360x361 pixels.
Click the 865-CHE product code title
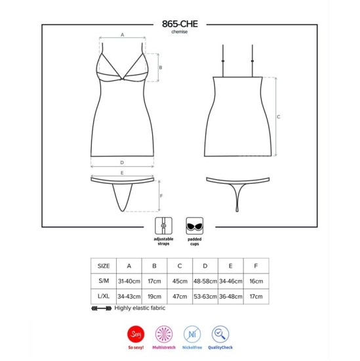[180, 24]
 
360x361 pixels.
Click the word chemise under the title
[180, 32]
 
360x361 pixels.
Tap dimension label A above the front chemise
[123, 35]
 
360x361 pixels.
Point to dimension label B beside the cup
[161, 68]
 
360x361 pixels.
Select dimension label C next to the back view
[279, 117]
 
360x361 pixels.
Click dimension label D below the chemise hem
[122, 163]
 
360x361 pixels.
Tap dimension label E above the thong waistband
[122, 173]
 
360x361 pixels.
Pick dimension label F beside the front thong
[161, 196]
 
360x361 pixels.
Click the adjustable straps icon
[163, 226]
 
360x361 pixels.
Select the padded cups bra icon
[195, 226]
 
